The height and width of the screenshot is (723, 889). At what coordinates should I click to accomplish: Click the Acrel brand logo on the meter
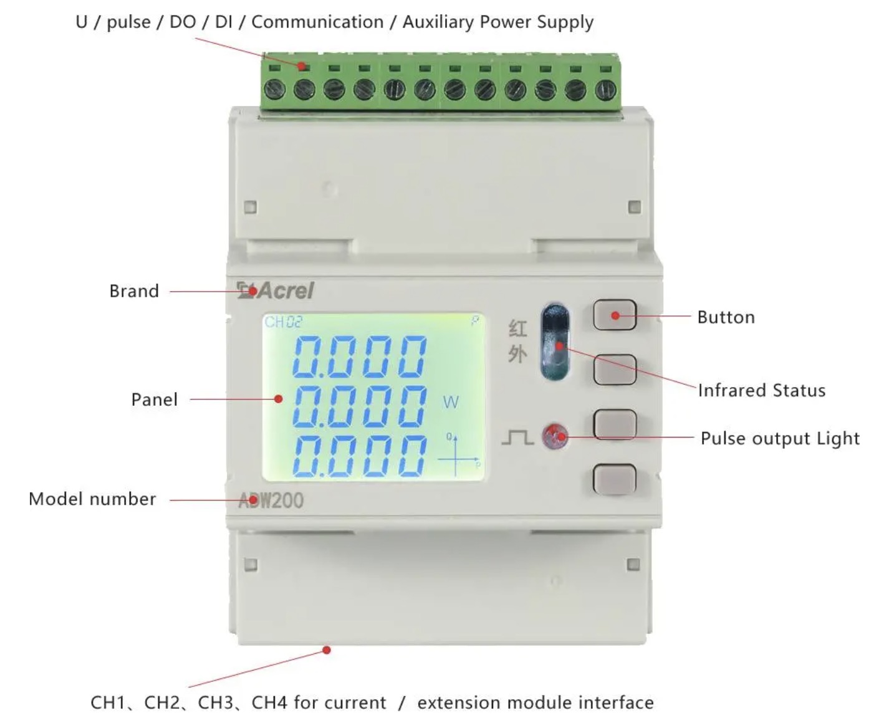(x=276, y=290)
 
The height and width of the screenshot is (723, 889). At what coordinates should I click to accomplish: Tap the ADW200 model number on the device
(x=271, y=500)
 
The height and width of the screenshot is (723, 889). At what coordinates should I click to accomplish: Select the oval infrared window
(x=555, y=342)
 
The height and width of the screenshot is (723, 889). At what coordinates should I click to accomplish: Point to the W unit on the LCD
(x=450, y=402)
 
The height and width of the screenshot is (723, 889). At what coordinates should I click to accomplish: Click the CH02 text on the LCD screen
(x=284, y=322)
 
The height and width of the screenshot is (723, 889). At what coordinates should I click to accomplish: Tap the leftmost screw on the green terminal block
(x=274, y=89)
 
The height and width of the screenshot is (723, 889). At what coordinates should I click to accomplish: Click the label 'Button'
(x=726, y=317)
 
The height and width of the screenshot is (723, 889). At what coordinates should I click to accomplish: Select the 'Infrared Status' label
(x=761, y=390)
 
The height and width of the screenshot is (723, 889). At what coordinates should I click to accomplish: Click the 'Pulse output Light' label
(x=780, y=438)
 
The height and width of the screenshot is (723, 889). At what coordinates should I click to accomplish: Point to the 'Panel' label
(x=154, y=400)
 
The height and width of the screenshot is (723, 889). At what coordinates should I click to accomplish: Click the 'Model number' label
(x=92, y=499)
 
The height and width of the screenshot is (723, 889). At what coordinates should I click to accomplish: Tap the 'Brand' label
(x=134, y=291)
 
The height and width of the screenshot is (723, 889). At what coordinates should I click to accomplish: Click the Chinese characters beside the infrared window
(x=517, y=341)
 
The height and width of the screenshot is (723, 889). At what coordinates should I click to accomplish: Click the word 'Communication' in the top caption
(x=317, y=22)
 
